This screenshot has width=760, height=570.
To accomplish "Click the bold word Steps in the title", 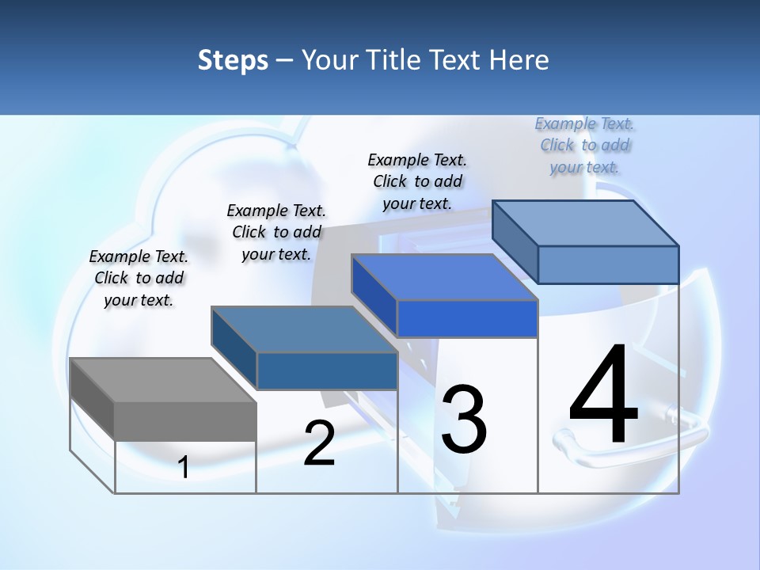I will [x=233, y=60].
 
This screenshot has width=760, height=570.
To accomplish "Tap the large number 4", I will [x=603, y=396].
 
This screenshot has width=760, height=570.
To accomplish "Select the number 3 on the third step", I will [x=464, y=420].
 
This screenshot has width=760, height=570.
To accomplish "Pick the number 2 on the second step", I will [x=319, y=443].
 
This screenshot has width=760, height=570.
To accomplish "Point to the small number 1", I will [x=184, y=468].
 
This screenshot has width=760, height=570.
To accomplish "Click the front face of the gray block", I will [x=185, y=421].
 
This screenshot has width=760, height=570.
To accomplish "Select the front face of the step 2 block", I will [x=327, y=370].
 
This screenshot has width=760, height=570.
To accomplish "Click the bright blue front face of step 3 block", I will [x=467, y=319].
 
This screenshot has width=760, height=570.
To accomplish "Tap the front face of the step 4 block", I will [x=608, y=264].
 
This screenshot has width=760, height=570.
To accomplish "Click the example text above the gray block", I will [x=139, y=278].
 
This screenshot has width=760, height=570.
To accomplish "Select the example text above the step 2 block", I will [x=276, y=232].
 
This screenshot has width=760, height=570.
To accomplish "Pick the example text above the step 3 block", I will [x=417, y=181].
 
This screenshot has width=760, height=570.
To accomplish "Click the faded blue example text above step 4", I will [x=585, y=145].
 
